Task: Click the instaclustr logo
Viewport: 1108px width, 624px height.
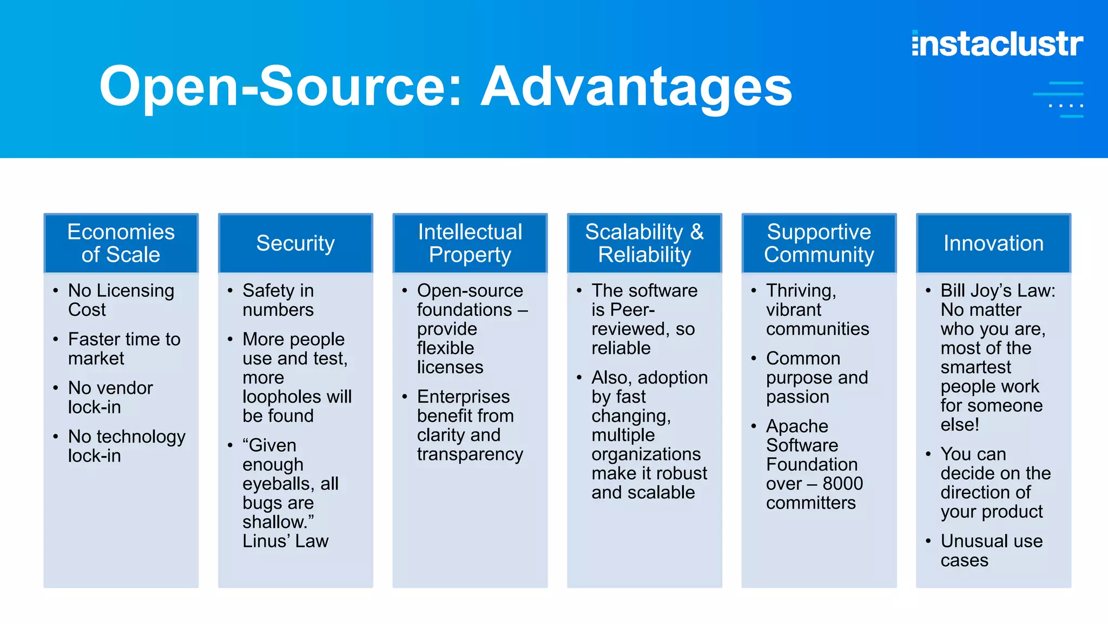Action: tap(997, 44)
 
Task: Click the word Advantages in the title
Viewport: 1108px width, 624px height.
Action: tap(636, 87)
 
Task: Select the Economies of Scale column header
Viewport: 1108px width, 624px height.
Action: tap(121, 243)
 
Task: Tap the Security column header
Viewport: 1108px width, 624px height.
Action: tap(295, 243)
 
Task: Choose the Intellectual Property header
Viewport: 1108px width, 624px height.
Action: tap(470, 243)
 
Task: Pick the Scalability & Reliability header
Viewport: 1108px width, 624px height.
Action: tap(644, 243)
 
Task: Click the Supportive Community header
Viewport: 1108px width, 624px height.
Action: tap(819, 243)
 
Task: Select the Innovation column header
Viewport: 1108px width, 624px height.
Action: tap(993, 243)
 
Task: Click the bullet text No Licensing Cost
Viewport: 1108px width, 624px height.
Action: tap(121, 300)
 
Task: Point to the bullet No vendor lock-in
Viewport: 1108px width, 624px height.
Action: tap(110, 397)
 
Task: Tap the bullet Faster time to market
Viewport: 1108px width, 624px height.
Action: tap(124, 348)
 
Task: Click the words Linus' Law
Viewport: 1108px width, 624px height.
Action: tap(285, 541)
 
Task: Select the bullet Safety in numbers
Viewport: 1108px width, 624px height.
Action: tap(278, 300)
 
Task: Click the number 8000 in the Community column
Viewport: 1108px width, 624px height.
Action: tap(843, 483)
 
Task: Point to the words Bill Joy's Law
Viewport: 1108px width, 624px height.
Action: tap(998, 290)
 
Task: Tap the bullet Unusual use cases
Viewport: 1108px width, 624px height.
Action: tap(991, 550)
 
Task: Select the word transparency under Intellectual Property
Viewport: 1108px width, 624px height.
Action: tap(470, 454)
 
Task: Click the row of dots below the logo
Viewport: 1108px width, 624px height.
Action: tap(1066, 106)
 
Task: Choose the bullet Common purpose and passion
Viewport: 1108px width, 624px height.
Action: tap(816, 377)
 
